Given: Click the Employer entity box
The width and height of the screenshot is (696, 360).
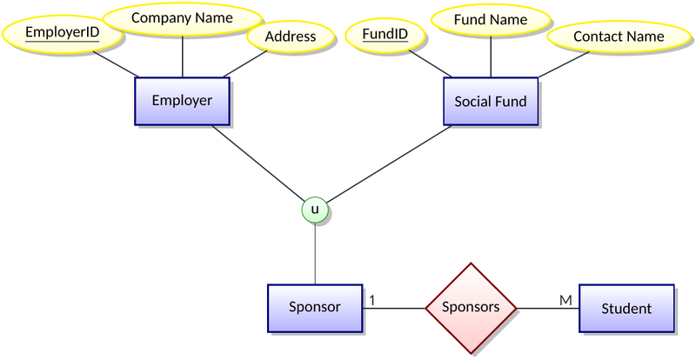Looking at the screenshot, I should tap(182, 100).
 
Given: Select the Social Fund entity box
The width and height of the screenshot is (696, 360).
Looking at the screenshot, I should tap(491, 101).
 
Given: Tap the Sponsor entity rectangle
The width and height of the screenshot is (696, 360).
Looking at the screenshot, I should tap(314, 308).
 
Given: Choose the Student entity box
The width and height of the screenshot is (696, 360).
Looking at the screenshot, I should tap(626, 309).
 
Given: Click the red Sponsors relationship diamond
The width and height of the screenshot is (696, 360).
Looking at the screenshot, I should tap(471, 308).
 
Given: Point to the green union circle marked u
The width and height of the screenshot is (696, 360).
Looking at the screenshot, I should tap(315, 210).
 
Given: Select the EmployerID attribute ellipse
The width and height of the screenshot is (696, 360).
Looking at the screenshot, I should tap(62, 35).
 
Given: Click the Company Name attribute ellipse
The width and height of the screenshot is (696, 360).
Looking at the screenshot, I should tap(182, 18).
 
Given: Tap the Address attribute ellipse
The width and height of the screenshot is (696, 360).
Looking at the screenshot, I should tap(291, 37).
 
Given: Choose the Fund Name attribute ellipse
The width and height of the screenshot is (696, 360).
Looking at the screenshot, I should tap(491, 18).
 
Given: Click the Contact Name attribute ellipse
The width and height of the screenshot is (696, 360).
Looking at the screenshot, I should tap(619, 37).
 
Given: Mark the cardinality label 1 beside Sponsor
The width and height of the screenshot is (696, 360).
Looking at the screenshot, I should tap(371, 300).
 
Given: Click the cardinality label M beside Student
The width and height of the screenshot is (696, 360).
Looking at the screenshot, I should tap(565, 300).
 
